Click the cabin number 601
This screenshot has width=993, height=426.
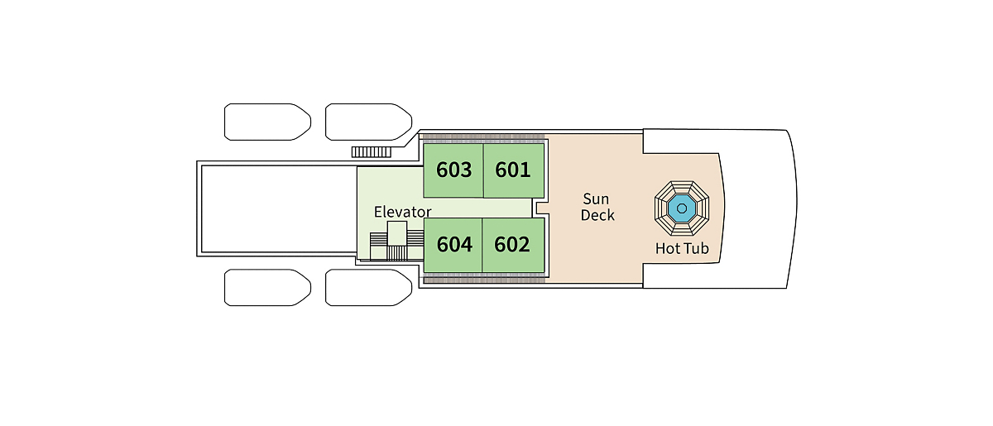513,170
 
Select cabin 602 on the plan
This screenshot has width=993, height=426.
512,245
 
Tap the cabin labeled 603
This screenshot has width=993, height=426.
454,170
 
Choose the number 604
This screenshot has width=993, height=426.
454,245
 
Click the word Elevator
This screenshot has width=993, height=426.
402,212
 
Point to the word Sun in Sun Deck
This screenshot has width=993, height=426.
597,199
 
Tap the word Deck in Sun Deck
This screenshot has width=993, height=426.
597,215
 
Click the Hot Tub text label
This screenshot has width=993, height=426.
682,248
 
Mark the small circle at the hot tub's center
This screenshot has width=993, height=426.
683,208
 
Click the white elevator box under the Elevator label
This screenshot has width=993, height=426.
397,233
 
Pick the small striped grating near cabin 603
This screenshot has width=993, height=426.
372,151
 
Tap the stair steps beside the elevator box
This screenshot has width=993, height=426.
378,245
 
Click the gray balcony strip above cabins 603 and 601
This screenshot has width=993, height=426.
484,136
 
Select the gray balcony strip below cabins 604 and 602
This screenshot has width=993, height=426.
484,280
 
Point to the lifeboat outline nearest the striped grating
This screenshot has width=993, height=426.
368,122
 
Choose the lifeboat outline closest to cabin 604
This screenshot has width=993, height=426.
368,287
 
